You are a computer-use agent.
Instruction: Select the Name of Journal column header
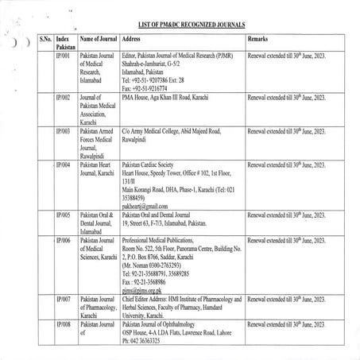[x=98, y=38]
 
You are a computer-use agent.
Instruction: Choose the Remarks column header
[x=262, y=38]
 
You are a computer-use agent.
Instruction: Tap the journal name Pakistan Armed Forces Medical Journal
[x=99, y=141]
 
